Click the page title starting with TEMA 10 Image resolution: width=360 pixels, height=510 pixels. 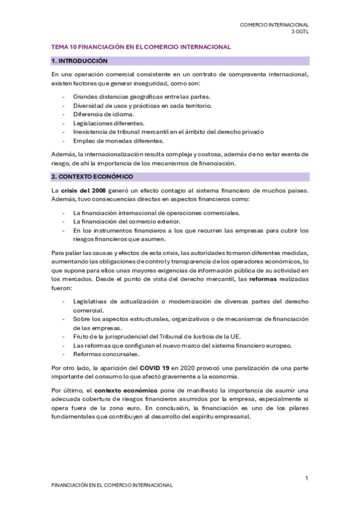141,46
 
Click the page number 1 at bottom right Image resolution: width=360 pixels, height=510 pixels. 307,478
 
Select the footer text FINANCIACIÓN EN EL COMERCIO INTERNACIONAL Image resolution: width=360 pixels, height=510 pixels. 112,485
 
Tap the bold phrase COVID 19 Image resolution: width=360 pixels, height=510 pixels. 157,367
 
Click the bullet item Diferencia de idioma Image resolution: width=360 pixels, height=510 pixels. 103,114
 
